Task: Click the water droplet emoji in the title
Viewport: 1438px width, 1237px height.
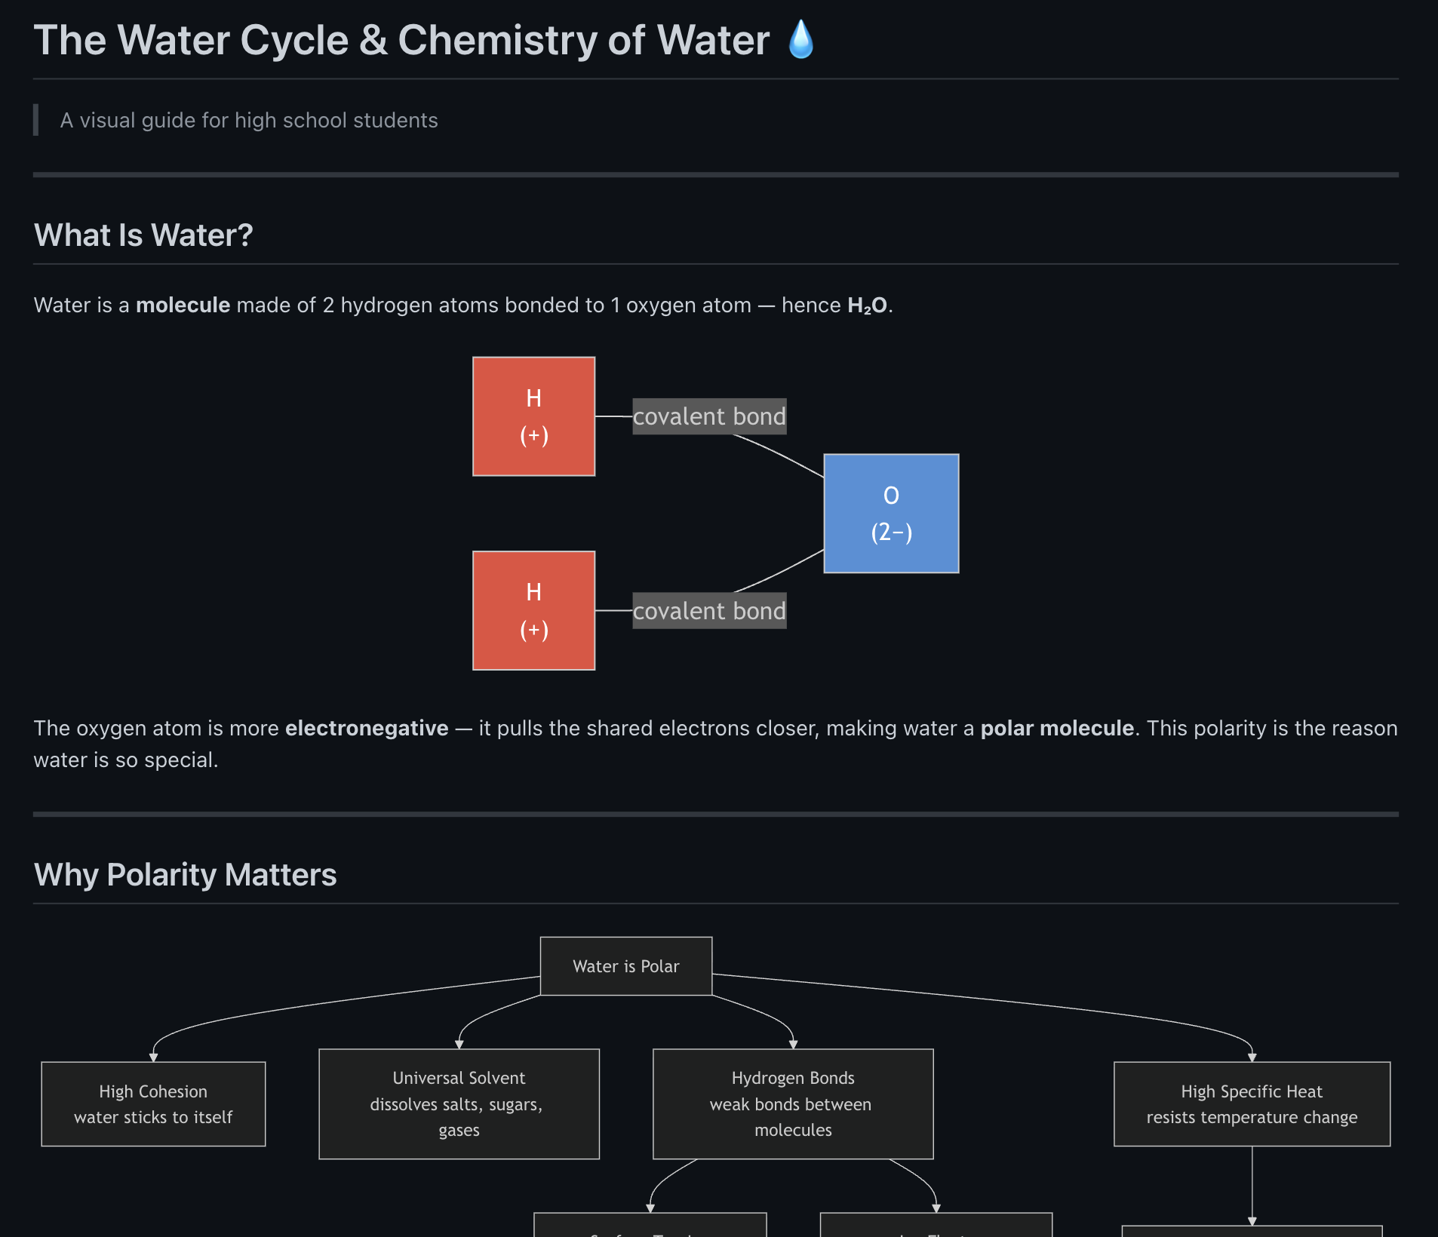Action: [x=800, y=39]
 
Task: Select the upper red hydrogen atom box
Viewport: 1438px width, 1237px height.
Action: [x=533, y=416]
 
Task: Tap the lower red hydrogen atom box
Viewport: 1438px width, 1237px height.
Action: [x=533, y=610]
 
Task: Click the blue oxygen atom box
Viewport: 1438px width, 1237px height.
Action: [x=891, y=513]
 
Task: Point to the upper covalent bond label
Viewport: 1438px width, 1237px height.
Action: [x=709, y=416]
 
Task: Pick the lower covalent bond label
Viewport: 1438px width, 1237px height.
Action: [x=709, y=610]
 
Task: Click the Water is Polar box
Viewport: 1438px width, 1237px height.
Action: [x=625, y=966]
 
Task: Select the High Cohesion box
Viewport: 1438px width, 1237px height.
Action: [x=153, y=1103]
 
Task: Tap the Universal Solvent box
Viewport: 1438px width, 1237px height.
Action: [x=459, y=1103]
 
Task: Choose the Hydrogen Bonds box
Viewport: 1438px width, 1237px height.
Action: [x=793, y=1103]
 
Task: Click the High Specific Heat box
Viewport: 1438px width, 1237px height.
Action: [x=1252, y=1103]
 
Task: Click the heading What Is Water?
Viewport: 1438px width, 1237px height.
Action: [x=143, y=235]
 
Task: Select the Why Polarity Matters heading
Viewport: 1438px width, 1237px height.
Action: [x=185, y=875]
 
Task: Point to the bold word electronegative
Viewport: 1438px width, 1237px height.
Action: [x=367, y=728]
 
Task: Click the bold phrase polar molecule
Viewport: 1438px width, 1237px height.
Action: [x=1057, y=728]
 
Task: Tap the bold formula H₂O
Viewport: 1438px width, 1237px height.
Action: [x=867, y=305]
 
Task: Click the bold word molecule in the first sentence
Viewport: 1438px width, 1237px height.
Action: [x=183, y=305]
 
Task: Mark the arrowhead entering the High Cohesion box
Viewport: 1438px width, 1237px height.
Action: [x=153, y=1057]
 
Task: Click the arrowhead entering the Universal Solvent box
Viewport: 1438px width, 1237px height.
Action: [x=459, y=1045]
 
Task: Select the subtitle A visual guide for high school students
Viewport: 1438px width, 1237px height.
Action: [x=249, y=121]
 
